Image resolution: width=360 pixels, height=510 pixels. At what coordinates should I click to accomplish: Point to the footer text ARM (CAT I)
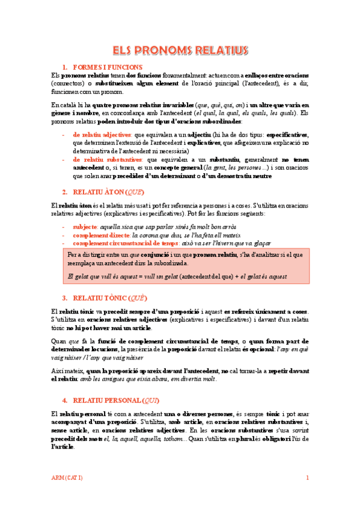coord(66,478)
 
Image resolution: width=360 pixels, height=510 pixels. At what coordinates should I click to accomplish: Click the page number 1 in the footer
coord(307,478)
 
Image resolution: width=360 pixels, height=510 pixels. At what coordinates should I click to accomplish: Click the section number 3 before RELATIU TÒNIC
coord(64,298)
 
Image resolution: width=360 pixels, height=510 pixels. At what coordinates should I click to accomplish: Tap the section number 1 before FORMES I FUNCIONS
coord(64,67)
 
